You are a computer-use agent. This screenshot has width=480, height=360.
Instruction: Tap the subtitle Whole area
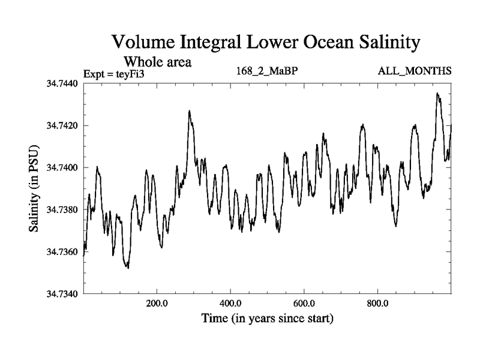[x=157, y=61]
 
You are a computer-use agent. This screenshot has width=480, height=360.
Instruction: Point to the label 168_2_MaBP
[x=268, y=72]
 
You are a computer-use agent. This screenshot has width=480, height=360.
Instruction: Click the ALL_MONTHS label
[x=414, y=72]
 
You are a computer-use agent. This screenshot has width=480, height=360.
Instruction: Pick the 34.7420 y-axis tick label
[x=64, y=125]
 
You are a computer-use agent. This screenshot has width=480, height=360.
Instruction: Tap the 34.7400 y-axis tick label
[x=64, y=167]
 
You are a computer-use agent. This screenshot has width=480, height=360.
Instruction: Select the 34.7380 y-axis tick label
[x=64, y=209]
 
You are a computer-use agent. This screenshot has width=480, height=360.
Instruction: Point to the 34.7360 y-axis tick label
[x=64, y=251]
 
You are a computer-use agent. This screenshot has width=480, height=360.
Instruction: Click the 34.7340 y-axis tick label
[x=64, y=293]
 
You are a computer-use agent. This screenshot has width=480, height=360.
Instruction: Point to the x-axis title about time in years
[x=268, y=318]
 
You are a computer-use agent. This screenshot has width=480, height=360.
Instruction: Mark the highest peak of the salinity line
[x=438, y=93]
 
